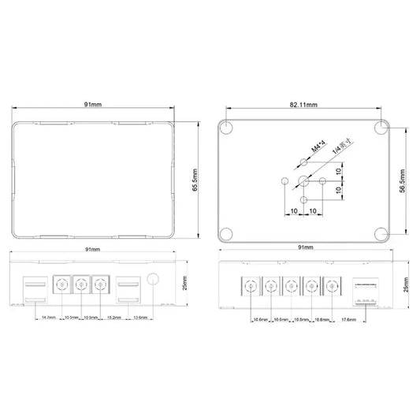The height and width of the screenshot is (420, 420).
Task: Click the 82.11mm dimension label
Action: click(304, 103)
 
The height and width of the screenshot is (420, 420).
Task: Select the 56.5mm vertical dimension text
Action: click(403, 178)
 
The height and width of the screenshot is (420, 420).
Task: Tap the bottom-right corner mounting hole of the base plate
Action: click(381, 233)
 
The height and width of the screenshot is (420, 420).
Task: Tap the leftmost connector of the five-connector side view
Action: click(251, 288)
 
